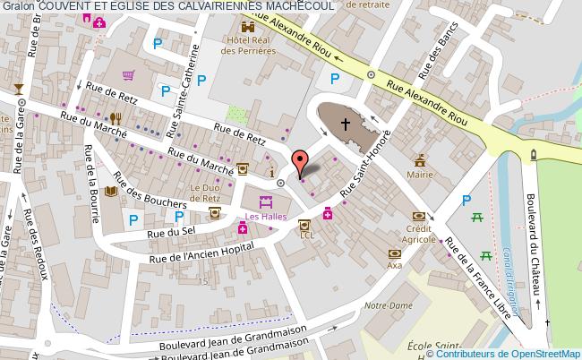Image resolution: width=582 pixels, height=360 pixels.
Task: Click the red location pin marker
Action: coord(303,162)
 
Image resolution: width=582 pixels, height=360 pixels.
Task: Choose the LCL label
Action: coord(307,236)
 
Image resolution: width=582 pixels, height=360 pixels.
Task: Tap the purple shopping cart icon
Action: coord(129,75)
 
